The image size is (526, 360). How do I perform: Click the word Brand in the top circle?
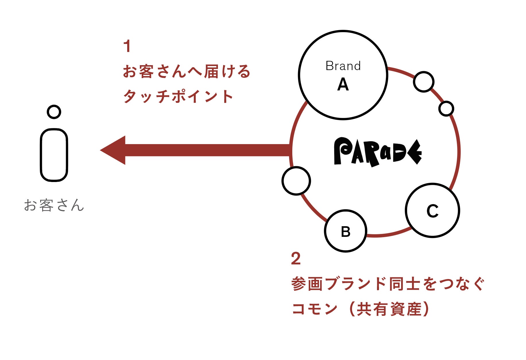coord(343,66)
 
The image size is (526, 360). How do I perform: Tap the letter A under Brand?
coord(343,85)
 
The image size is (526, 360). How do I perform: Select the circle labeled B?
coord(345,231)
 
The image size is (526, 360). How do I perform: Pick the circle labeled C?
coord(432,211)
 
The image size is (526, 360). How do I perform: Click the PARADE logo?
coord(377,152)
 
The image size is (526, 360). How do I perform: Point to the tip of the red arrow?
coord(101,150)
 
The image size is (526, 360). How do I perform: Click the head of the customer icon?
coord(54,112)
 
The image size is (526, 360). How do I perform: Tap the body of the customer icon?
coord(54,155)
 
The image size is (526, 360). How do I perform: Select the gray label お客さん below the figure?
coord(54,205)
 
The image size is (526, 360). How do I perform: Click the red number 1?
coord(127,47)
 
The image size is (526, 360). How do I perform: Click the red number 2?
coord(296,259)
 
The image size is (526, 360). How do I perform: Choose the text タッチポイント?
coord(178,96)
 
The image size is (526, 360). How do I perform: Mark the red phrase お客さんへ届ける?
coord(187,71)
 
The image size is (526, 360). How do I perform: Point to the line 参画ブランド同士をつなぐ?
coord(388,284)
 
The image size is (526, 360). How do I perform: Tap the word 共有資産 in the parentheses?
coord(389,309)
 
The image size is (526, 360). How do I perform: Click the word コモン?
coord(314,309)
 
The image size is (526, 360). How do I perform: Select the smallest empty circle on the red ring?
coord(446,109)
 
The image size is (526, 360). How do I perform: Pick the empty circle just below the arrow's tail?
coord(296,181)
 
